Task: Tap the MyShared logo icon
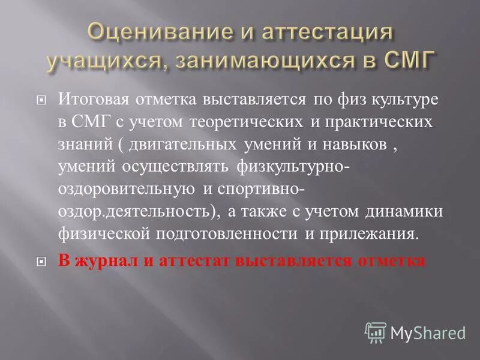pyautogui.click(x=376, y=332)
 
